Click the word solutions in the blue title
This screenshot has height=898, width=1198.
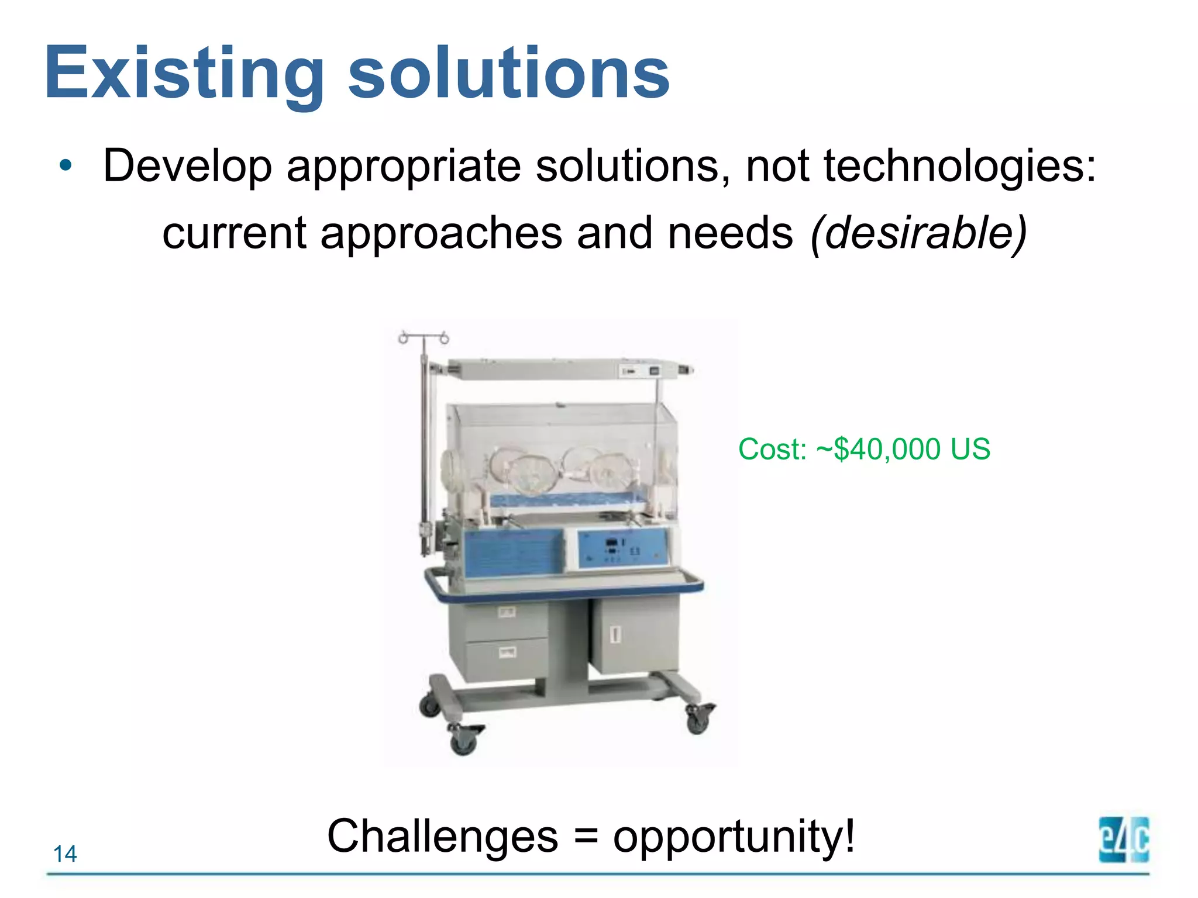click(x=508, y=73)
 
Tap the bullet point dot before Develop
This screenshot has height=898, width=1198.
click(x=66, y=165)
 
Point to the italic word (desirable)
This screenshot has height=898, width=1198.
click(x=918, y=233)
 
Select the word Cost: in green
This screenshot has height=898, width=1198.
click(x=772, y=450)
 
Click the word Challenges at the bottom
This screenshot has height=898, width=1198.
click(x=443, y=836)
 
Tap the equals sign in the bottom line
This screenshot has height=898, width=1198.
click(x=586, y=837)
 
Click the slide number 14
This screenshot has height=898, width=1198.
click(x=65, y=854)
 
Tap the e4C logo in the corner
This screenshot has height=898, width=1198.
click(x=1124, y=840)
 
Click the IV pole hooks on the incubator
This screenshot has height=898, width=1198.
click(x=424, y=337)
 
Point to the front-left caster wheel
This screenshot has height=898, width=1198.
click(x=464, y=741)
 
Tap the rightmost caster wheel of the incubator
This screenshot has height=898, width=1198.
click(x=698, y=720)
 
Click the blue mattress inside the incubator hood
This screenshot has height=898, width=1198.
click(x=570, y=500)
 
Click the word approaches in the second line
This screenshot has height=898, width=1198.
click(x=442, y=233)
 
